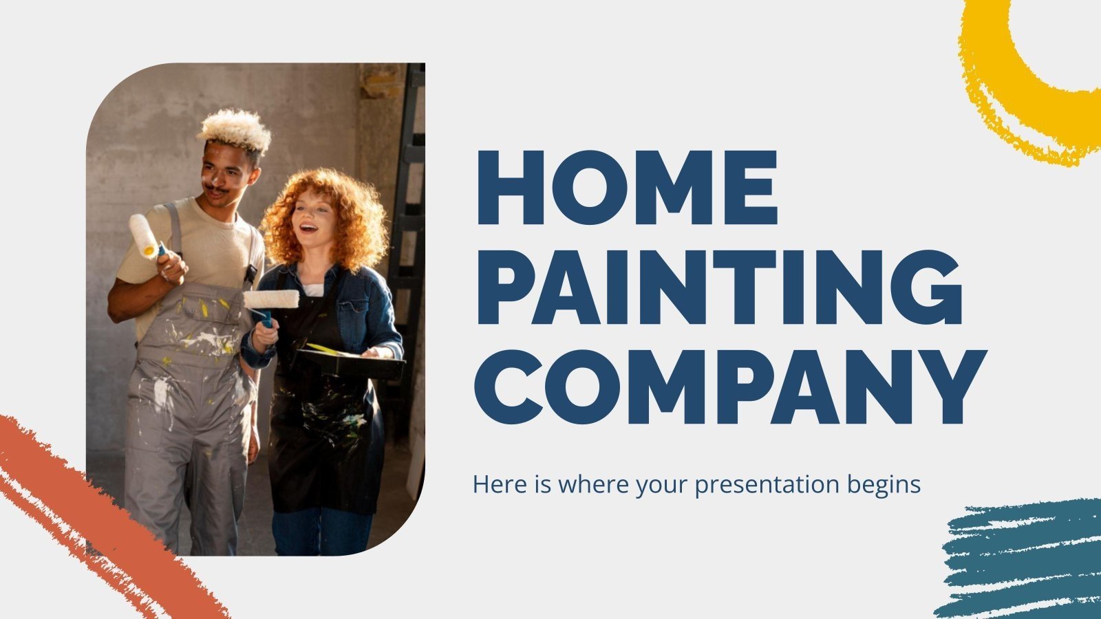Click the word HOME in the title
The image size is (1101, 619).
pyautogui.click(x=626, y=188)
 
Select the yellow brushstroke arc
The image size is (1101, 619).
pyautogui.click(x=1012, y=89)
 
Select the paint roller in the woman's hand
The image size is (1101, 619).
pyautogui.click(x=270, y=299)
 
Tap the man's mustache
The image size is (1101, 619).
pyautogui.click(x=217, y=190)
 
